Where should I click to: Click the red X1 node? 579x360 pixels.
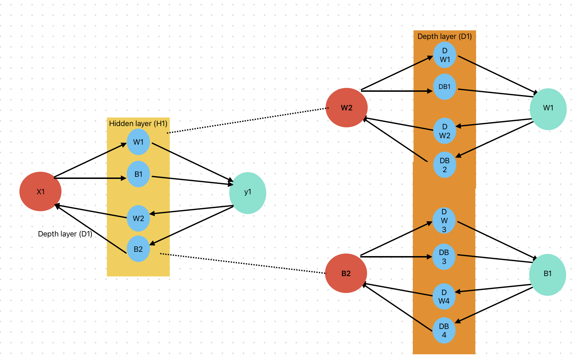(x=40, y=191)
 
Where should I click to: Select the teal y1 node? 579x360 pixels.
(x=248, y=193)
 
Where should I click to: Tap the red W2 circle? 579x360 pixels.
(x=347, y=107)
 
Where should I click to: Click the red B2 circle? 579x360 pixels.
(x=346, y=273)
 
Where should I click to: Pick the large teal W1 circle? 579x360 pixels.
(x=548, y=109)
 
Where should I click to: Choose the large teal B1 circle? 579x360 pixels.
(x=547, y=274)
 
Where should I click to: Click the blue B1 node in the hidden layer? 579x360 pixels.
(x=138, y=174)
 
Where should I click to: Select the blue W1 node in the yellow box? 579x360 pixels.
(x=138, y=142)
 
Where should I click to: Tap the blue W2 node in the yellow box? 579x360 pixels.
(x=138, y=218)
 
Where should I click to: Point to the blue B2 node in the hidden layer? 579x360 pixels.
(x=138, y=249)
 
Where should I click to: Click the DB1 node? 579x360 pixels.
(x=445, y=87)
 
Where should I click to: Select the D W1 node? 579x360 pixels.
(x=445, y=55)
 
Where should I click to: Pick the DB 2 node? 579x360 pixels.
(x=445, y=165)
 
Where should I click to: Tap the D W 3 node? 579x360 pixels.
(x=444, y=221)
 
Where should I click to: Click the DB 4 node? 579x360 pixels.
(x=444, y=330)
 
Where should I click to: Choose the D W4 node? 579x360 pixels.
(x=444, y=296)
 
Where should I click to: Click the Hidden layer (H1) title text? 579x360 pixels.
(x=138, y=124)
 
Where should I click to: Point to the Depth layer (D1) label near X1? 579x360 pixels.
(x=65, y=234)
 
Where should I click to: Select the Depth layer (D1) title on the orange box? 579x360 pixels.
(x=445, y=36)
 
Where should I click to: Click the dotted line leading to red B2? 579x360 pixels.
(x=243, y=264)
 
